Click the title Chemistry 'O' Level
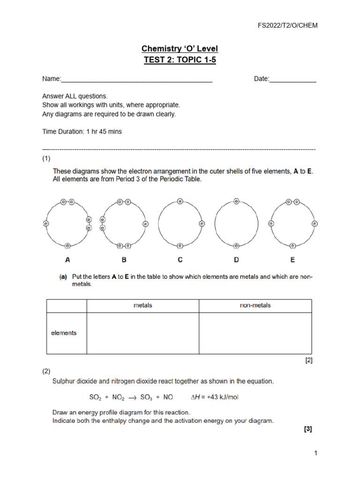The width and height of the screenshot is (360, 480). [x=180, y=49]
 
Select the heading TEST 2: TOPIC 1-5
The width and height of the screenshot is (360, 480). [x=180, y=60]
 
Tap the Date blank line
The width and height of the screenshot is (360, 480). [x=293, y=80]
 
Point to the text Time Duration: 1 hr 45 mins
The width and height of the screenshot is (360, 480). [x=82, y=132]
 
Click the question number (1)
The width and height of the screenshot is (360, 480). [x=46, y=158]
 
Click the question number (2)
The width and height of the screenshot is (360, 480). [x=46, y=371]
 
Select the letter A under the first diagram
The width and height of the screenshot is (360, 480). [x=67, y=260]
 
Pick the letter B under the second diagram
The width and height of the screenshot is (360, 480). [x=124, y=260]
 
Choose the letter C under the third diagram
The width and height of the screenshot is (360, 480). [x=180, y=260]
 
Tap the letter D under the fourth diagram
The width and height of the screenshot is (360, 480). [x=236, y=260]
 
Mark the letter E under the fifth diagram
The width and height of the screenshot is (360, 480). [x=292, y=260]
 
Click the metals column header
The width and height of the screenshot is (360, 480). [x=143, y=305]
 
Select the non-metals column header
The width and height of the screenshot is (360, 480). [x=255, y=305]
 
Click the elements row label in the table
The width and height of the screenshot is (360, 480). [x=64, y=333]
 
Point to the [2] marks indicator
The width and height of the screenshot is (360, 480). [x=308, y=360]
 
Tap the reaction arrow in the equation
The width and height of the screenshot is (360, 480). [x=132, y=397]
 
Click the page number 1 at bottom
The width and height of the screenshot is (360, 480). [x=316, y=453]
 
